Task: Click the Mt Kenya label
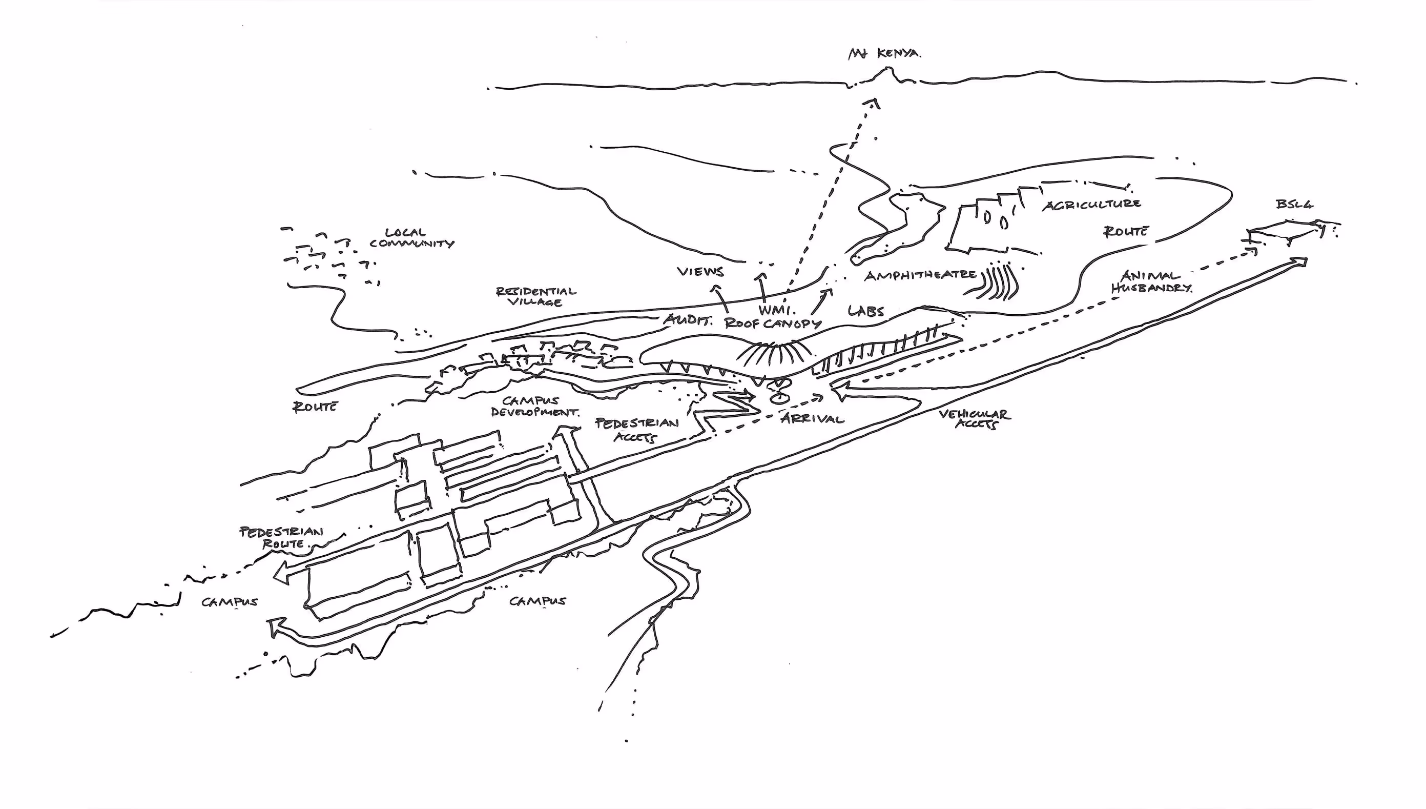pyautogui.click(x=884, y=54)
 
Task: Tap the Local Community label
pyautogui.click(x=411, y=238)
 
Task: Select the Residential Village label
pyautogui.click(x=536, y=297)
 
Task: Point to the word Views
pyautogui.click(x=700, y=272)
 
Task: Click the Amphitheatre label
pyautogui.click(x=920, y=275)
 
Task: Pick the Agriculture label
pyautogui.click(x=1091, y=205)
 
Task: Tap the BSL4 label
pyautogui.click(x=1294, y=205)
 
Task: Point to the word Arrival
pyautogui.click(x=812, y=418)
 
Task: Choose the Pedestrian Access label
pyautogui.click(x=637, y=430)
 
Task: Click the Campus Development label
pyautogui.click(x=533, y=406)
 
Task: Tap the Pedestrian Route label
pyautogui.click(x=281, y=537)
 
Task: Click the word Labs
pyautogui.click(x=866, y=311)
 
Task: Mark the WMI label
pyautogui.click(x=777, y=310)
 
